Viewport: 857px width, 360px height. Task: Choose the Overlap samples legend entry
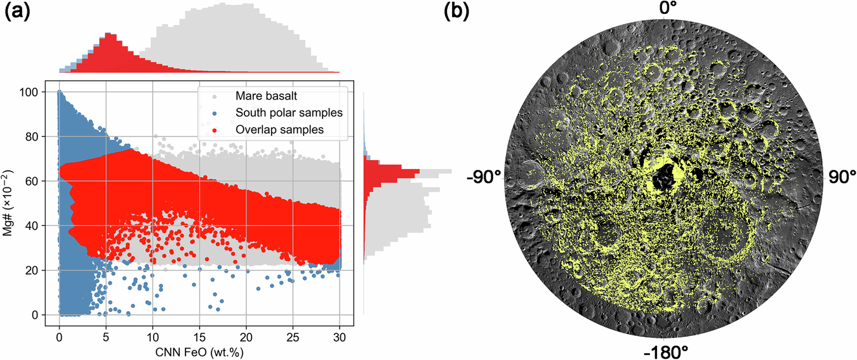pyautogui.click(x=272, y=130)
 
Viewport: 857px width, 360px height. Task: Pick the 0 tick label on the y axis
pyautogui.click(x=40, y=315)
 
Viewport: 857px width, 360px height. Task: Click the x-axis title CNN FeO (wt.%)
pyautogui.click(x=199, y=350)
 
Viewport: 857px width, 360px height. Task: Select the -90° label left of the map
pyautogui.click(x=484, y=177)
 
